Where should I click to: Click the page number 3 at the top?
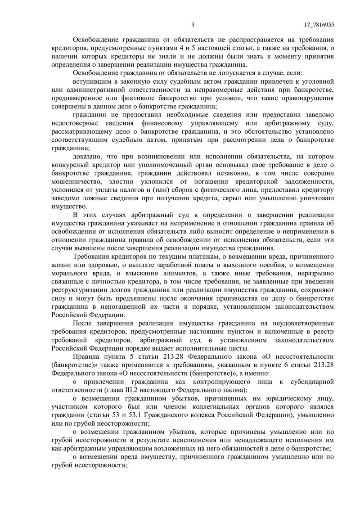[x=193, y=25]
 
